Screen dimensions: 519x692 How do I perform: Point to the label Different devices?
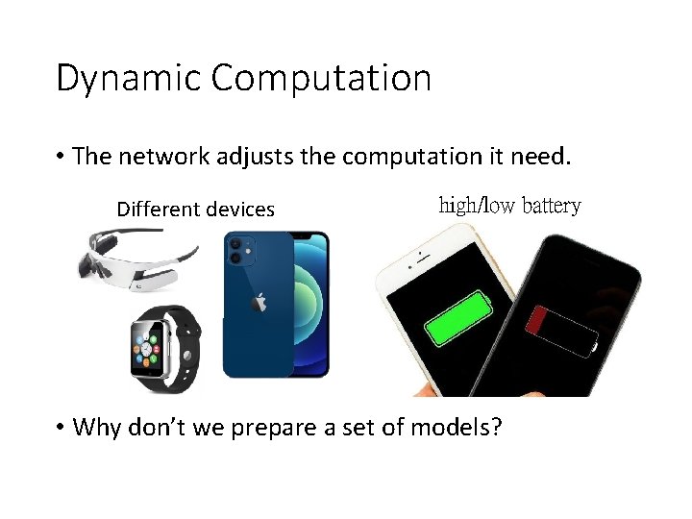click(x=195, y=210)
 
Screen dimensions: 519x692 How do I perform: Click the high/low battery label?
click(x=509, y=206)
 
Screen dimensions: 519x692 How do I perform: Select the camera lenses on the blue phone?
click(x=235, y=251)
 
